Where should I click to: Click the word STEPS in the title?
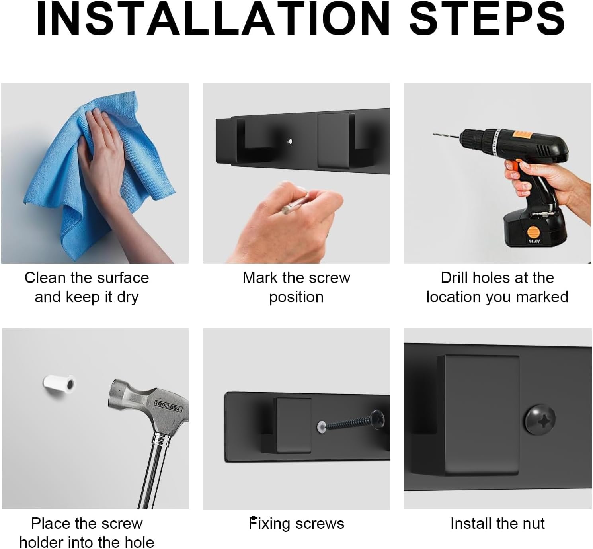pos(487,19)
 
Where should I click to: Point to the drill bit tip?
pos(434,134)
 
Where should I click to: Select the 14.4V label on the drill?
pos(534,241)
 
